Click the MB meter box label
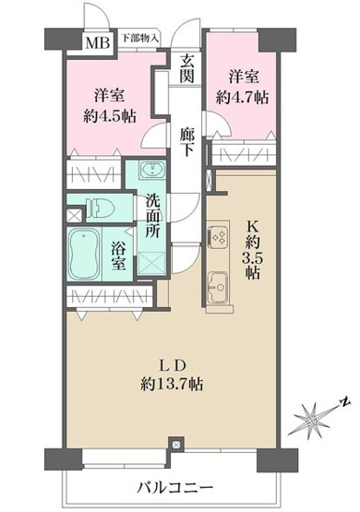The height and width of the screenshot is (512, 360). click(95, 41)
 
